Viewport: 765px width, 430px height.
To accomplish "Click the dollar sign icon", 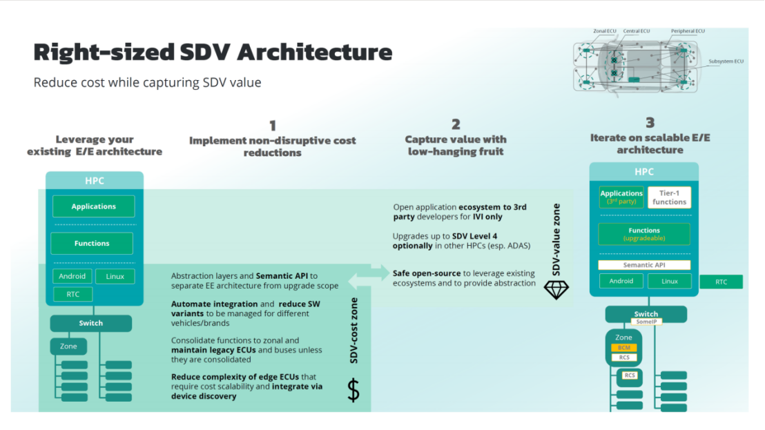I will [x=353, y=390].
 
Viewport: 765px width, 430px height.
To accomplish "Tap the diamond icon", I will [x=556, y=289].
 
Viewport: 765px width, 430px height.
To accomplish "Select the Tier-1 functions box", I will [x=668, y=197].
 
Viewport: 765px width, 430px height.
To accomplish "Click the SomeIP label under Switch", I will [x=646, y=322].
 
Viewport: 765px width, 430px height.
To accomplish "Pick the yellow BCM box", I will [x=623, y=347].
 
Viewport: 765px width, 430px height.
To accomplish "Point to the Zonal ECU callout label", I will [x=606, y=31].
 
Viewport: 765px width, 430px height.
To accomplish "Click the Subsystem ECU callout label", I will [x=726, y=61].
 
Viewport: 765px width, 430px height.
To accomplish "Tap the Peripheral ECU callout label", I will [x=687, y=31].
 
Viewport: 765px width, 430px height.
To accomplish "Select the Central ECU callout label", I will [x=636, y=31].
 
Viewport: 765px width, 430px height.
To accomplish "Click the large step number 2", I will [x=456, y=124].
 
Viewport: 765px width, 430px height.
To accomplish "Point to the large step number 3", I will [x=650, y=122].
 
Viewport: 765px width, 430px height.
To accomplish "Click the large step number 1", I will [x=273, y=126].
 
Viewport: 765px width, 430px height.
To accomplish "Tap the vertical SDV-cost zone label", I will [x=354, y=330].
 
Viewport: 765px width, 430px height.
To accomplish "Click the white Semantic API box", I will [x=644, y=265].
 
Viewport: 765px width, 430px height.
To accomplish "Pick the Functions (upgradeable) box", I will [x=644, y=234].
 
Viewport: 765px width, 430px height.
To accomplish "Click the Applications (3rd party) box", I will [x=621, y=197].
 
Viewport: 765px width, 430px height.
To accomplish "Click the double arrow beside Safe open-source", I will [x=380, y=273].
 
